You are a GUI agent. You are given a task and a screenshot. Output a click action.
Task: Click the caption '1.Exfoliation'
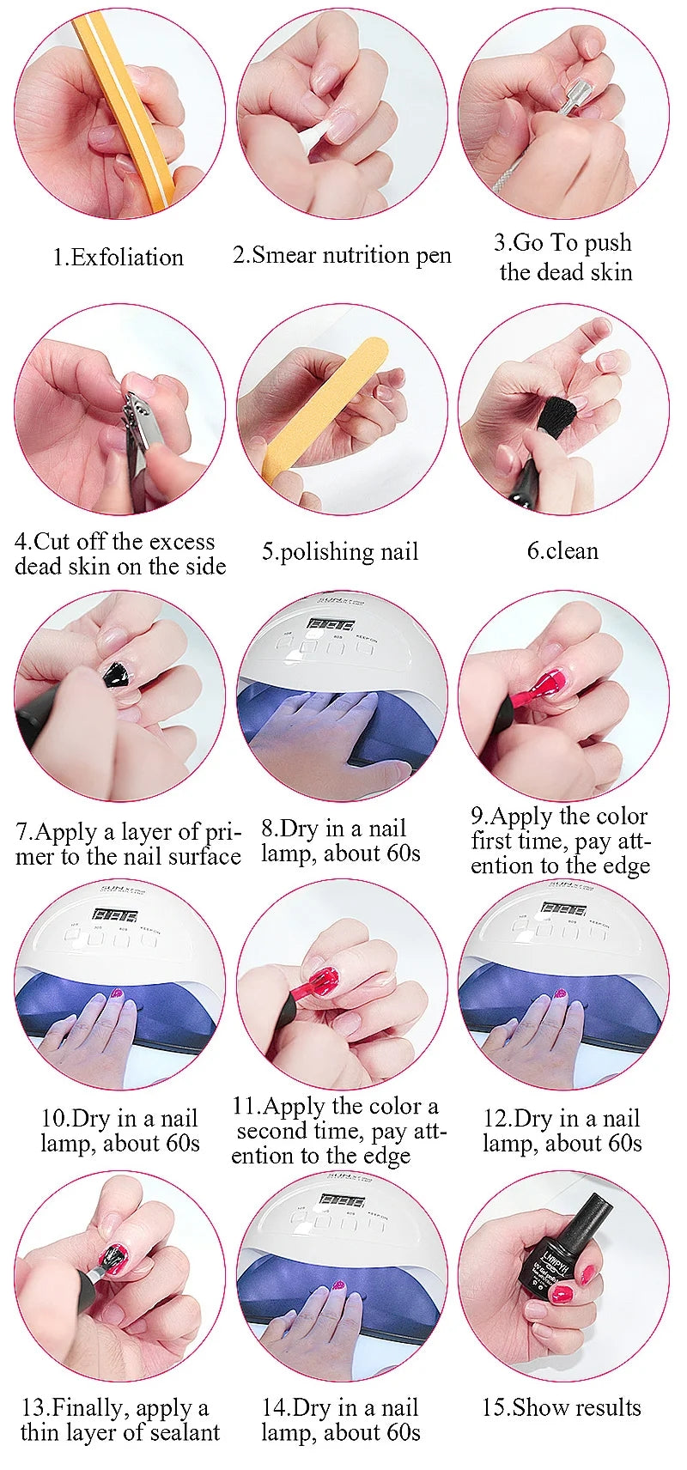[119, 257]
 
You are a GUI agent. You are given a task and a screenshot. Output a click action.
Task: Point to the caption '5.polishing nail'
[340, 551]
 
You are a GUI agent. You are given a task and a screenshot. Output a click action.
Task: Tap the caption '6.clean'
[562, 550]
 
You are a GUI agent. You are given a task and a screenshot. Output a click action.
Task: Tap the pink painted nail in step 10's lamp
[117, 993]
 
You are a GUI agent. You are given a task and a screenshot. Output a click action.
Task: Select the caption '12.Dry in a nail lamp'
[562, 1130]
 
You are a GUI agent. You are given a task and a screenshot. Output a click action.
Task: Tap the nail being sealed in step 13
[113, 1256]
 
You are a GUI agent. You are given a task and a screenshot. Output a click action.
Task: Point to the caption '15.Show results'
[562, 1407]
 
